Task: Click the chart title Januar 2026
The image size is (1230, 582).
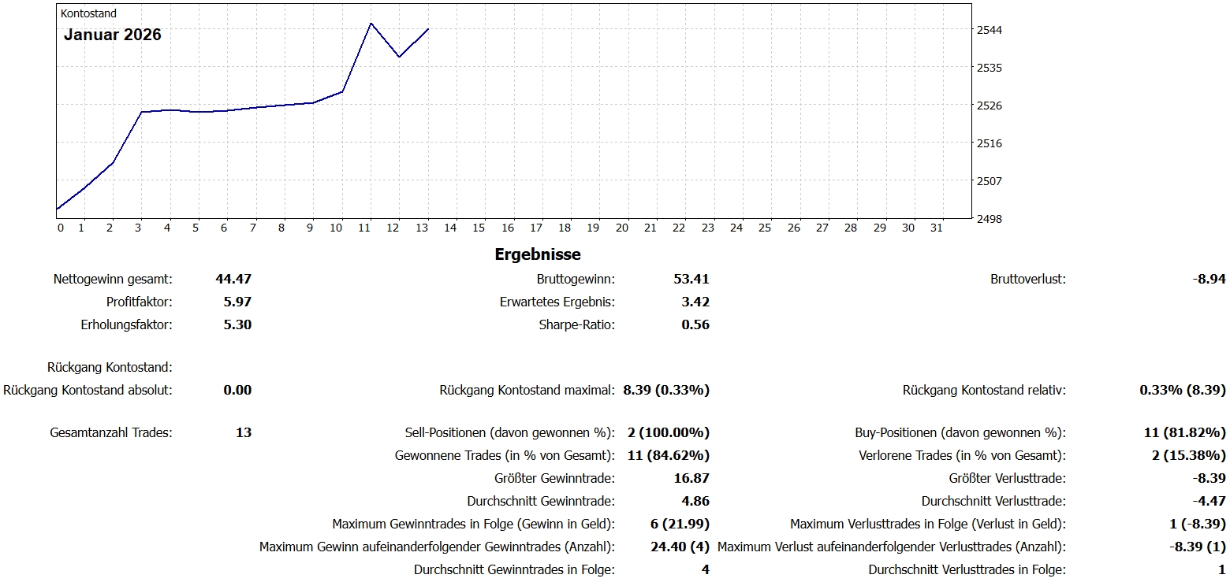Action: pos(113,35)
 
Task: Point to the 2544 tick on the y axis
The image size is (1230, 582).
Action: pos(990,30)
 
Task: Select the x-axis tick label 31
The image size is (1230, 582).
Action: pos(937,228)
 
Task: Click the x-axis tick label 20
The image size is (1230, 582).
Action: pos(621,228)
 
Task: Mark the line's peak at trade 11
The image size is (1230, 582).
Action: pos(371,23)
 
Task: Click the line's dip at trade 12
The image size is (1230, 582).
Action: pos(400,57)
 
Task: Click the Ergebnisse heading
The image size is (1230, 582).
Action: pos(538,254)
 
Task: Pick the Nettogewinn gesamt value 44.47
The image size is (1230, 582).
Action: pos(233,279)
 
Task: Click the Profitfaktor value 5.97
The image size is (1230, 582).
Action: pos(237,302)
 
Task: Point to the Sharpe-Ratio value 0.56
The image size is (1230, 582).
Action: pos(695,324)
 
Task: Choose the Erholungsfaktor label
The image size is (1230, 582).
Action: pos(126,324)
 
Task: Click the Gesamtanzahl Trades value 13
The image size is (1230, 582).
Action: pos(244,432)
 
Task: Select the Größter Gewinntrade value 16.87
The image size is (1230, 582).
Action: pos(691,478)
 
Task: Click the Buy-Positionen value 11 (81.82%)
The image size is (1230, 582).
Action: pos(1188,432)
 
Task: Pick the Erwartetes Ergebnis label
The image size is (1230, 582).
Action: pos(557,302)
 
